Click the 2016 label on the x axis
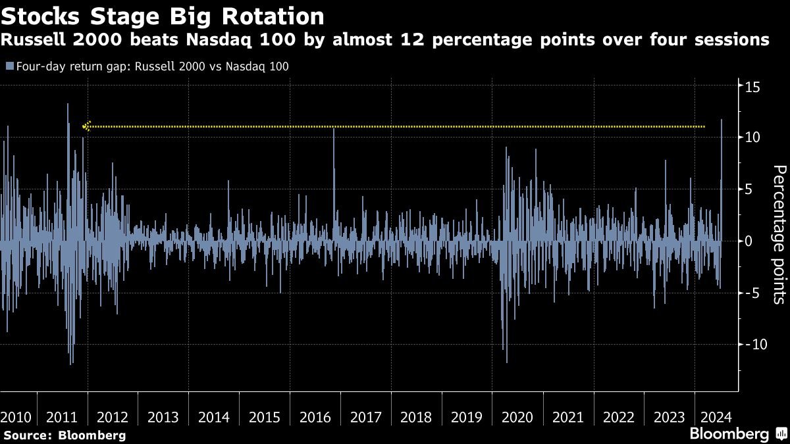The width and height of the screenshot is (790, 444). click(x=315, y=417)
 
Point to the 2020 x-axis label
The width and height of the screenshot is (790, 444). click(x=517, y=417)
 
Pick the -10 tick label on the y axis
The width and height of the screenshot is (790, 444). click(x=750, y=344)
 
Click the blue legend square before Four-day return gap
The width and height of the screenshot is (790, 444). click(x=8, y=66)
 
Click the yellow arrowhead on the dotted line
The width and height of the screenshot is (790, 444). click(x=86, y=126)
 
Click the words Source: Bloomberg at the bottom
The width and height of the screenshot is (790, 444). click(x=65, y=435)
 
